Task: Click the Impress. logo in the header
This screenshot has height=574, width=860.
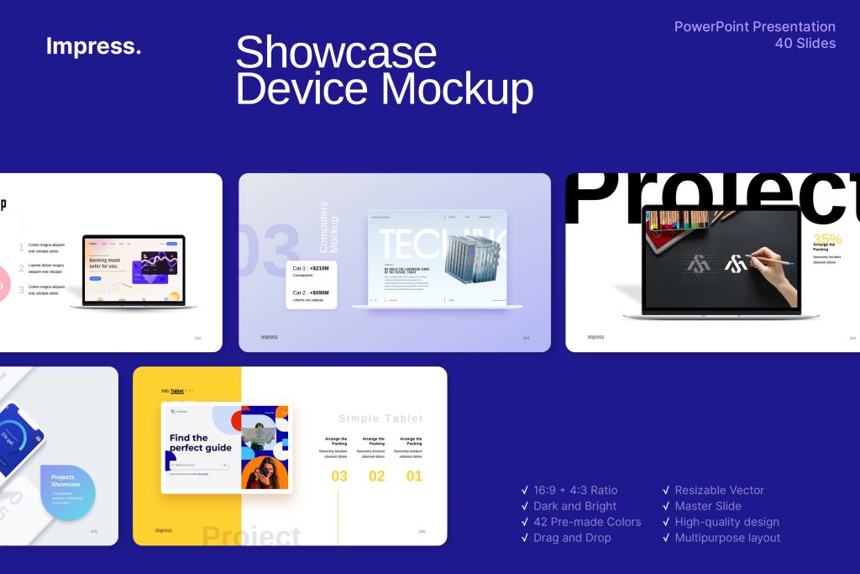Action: [93, 47]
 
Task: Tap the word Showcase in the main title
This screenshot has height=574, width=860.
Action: [335, 53]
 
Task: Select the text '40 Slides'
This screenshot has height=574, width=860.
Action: [805, 44]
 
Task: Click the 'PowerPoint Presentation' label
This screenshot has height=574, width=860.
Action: [754, 27]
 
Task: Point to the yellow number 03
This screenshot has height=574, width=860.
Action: [339, 477]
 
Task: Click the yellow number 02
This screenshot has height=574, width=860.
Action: [377, 477]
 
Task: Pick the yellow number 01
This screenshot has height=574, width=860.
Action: [414, 477]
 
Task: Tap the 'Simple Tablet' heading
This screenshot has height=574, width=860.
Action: [380, 419]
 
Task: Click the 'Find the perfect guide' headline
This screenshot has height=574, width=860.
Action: [200, 442]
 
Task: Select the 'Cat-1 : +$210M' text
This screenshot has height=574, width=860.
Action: [311, 268]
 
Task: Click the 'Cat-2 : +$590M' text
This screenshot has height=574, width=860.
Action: [311, 292]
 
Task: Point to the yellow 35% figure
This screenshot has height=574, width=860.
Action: [826, 240]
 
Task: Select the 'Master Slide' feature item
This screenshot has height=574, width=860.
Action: [707, 506]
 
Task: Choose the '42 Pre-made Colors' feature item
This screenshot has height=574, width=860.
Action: [586, 522]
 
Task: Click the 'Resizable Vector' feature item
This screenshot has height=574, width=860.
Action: [719, 490]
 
